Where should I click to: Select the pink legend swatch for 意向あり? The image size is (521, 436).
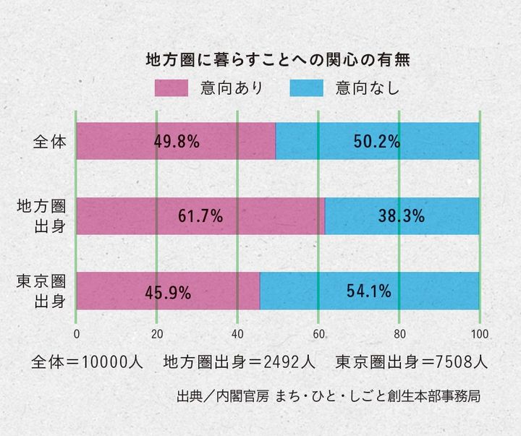click(176, 88)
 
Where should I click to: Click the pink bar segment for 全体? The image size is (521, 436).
click(116, 141)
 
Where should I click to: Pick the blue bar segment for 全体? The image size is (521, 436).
click(434, 141)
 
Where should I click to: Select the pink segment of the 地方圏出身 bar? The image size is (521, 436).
click(130, 215)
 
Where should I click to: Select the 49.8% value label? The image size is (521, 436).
click(177, 141)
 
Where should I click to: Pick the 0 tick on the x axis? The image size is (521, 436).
click(77, 333)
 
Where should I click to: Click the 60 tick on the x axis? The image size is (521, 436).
click(318, 333)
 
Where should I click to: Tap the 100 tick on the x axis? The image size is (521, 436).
click(479, 333)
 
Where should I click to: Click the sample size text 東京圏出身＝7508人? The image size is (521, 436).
click(411, 360)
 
